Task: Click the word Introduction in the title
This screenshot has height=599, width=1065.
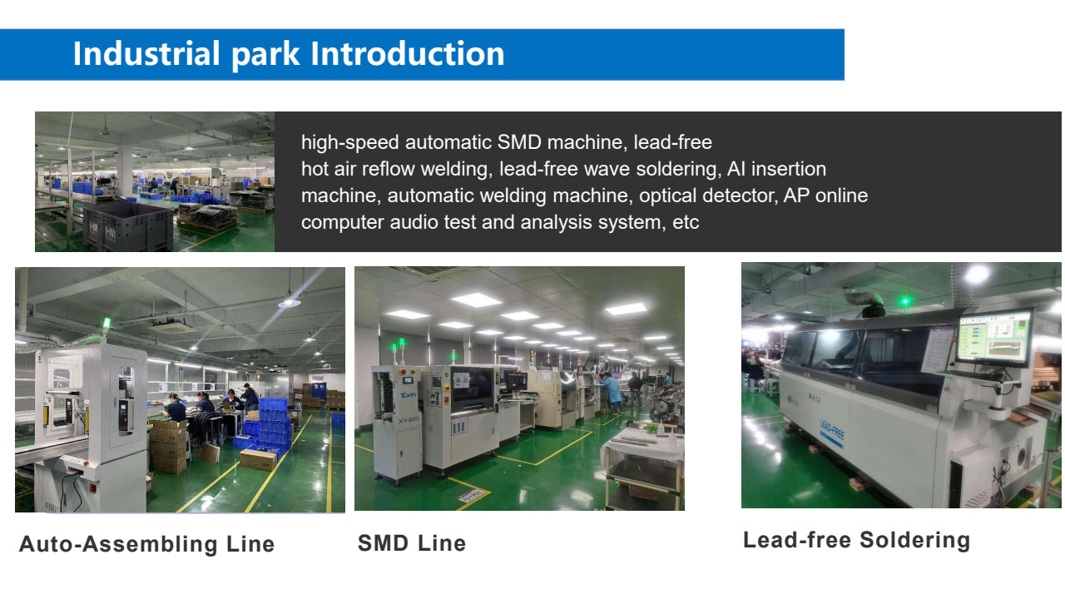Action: click(x=407, y=53)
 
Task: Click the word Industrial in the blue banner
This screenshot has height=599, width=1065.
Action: click(x=146, y=53)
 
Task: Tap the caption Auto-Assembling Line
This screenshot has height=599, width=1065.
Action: click(x=147, y=544)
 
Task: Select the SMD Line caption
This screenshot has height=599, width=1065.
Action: click(x=412, y=543)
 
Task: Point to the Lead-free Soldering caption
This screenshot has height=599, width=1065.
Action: click(x=857, y=541)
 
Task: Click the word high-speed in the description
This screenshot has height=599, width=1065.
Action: click(x=350, y=142)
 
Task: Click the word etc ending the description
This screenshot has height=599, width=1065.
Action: click(x=686, y=222)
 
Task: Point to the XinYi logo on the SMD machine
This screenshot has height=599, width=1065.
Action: click(x=408, y=395)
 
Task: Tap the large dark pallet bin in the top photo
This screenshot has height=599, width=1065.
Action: click(x=128, y=227)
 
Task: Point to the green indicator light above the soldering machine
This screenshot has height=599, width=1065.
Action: click(x=906, y=300)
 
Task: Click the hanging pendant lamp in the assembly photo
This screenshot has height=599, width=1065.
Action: click(x=289, y=301)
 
